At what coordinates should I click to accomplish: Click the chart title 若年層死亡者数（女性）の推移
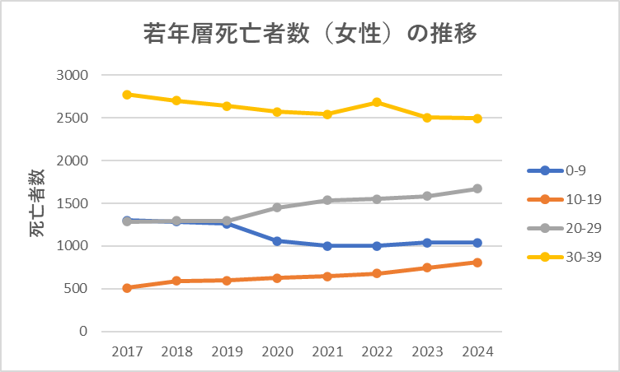click(x=310, y=35)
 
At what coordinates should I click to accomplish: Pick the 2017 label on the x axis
click(x=127, y=351)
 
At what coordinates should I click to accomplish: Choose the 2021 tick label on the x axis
click(x=327, y=351)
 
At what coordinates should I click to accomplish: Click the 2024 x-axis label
click(x=477, y=351)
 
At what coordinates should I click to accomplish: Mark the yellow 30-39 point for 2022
click(x=377, y=102)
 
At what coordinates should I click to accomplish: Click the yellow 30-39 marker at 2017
click(x=127, y=95)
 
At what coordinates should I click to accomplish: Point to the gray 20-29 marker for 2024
click(x=477, y=188)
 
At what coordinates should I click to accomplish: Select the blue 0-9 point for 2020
click(x=277, y=241)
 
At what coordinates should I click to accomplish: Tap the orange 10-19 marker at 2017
click(x=127, y=288)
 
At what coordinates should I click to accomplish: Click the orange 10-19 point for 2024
click(x=477, y=263)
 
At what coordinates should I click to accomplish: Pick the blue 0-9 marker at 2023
click(x=427, y=243)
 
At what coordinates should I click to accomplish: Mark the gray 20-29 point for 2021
click(x=327, y=200)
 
